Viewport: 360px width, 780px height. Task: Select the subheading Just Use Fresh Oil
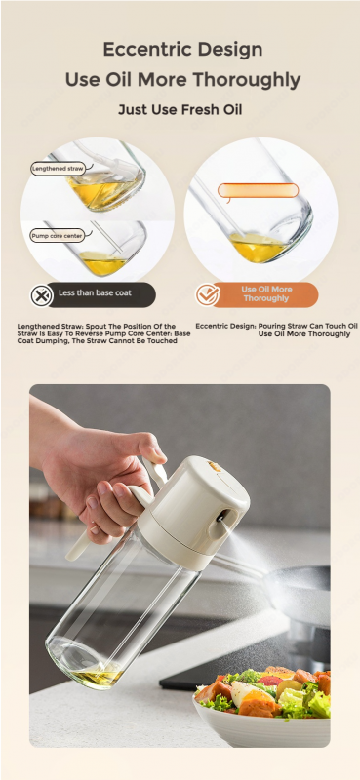[180, 109]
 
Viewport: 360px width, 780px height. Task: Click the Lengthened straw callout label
[58, 169]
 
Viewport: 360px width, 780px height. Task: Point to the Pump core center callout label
[57, 235]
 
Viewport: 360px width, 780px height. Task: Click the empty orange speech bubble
[258, 190]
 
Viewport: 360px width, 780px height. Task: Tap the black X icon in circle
[42, 296]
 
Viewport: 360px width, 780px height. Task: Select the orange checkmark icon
[207, 295]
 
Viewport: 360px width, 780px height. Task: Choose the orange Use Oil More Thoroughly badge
[265, 294]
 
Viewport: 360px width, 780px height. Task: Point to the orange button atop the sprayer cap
[215, 466]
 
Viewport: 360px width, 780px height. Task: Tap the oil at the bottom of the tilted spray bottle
[99, 677]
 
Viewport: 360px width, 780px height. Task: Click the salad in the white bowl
[262, 690]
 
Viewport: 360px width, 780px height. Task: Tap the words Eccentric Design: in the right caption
[226, 326]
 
